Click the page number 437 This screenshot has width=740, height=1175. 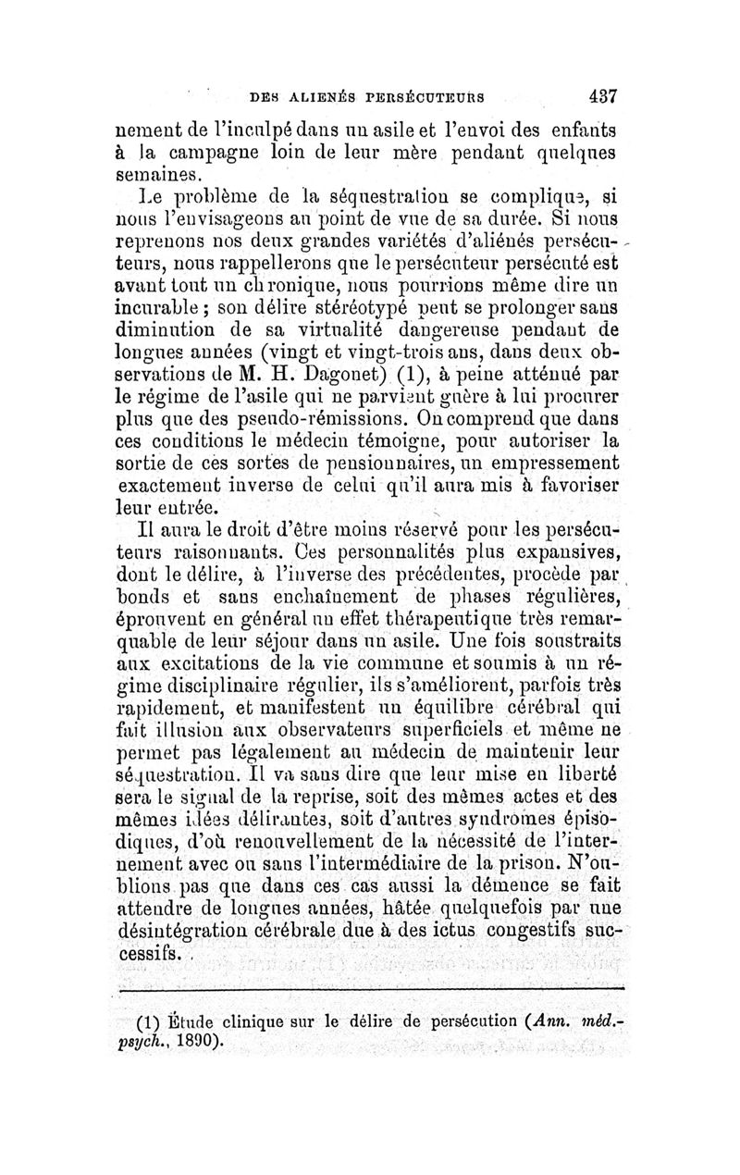(600, 94)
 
